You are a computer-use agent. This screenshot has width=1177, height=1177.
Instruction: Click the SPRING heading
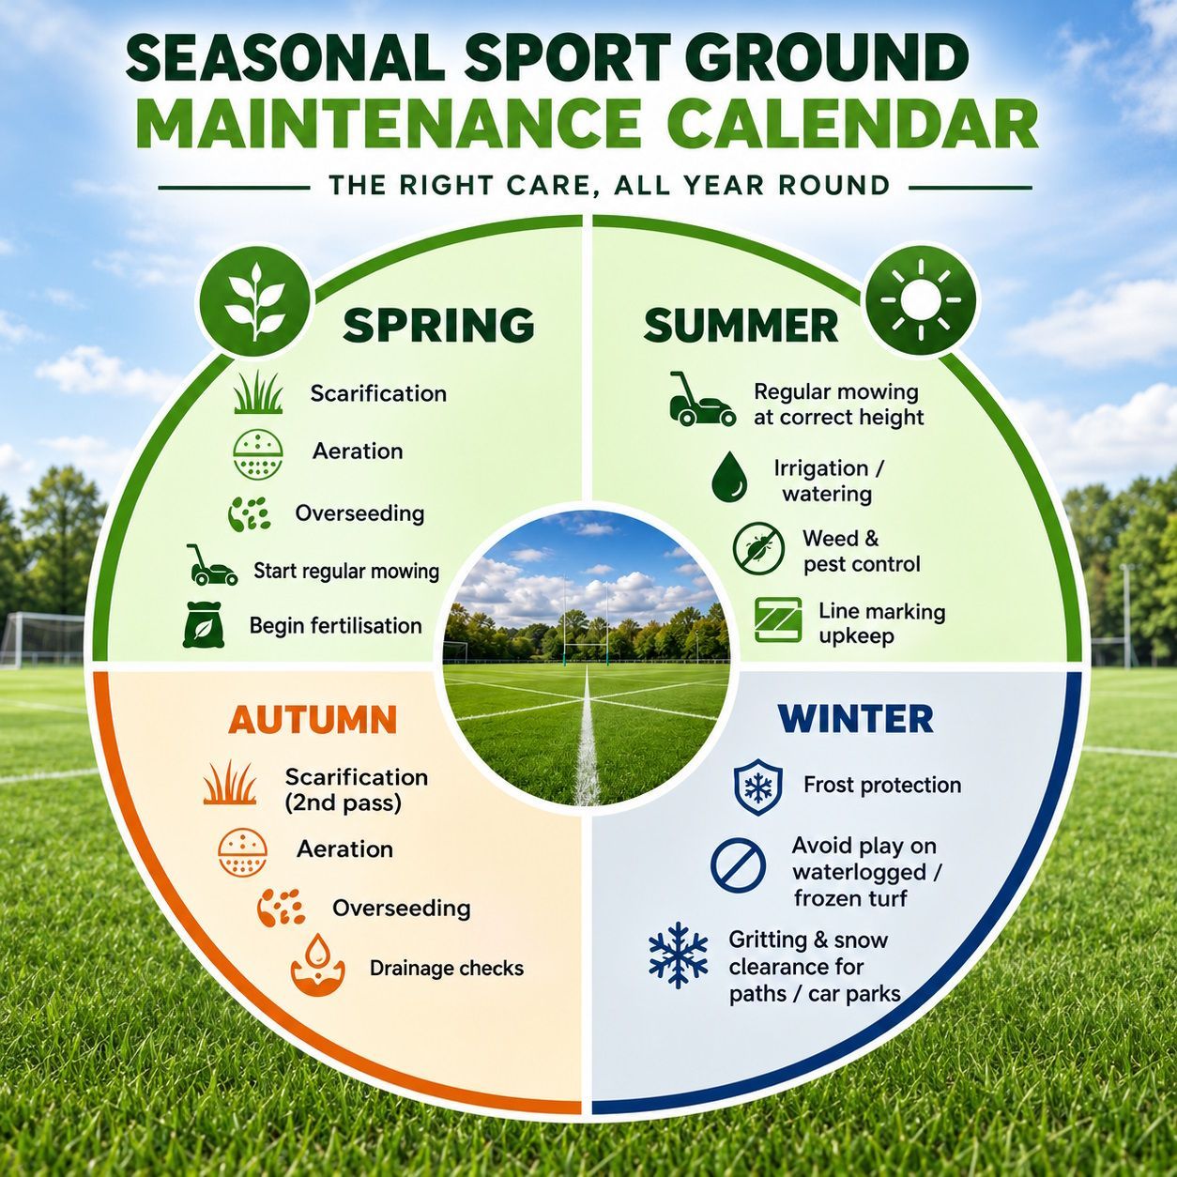click(438, 325)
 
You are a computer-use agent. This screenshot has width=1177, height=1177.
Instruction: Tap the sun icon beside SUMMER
click(921, 298)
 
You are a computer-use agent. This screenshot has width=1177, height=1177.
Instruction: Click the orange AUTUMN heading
click(313, 720)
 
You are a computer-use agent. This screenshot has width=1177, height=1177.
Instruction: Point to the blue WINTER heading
click(856, 719)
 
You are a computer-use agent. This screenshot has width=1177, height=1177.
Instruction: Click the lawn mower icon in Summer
click(702, 398)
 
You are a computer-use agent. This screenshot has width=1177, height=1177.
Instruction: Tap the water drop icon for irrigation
click(729, 477)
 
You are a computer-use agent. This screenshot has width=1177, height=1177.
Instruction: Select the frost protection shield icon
click(758, 787)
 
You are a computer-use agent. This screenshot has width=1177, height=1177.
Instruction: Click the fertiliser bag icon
click(204, 624)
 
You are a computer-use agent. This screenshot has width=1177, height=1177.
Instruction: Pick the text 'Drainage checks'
click(447, 968)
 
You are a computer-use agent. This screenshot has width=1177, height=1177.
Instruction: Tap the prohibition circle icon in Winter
click(738, 864)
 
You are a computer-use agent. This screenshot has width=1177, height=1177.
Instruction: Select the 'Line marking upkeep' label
click(881, 623)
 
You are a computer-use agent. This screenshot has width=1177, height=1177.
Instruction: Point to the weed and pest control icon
click(758, 548)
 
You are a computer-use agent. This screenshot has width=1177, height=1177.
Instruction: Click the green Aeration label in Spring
click(358, 451)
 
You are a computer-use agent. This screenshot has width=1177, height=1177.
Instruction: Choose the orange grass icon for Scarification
click(230, 783)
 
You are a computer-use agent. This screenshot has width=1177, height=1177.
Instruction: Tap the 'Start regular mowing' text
click(346, 571)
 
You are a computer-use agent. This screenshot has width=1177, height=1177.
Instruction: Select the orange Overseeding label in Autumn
click(402, 909)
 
